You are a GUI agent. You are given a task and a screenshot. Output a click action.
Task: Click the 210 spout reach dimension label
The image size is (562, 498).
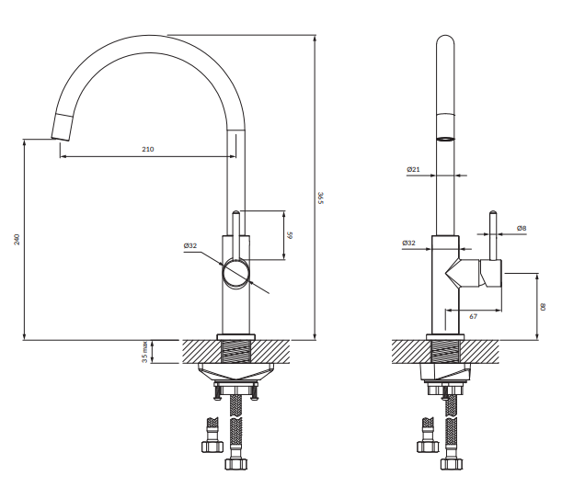click(x=147, y=148)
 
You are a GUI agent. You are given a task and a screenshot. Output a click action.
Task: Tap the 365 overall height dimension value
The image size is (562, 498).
click(x=320, y=198)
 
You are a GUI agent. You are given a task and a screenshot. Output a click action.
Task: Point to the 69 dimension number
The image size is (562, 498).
click(x=290, y=235)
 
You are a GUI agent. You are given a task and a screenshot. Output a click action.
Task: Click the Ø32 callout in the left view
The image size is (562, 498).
click(x=190, y=245)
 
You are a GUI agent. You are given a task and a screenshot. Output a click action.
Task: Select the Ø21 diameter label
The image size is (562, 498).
click(x=413, y=170)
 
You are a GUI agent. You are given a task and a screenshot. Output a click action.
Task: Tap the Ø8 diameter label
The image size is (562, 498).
click(x=521, y=228)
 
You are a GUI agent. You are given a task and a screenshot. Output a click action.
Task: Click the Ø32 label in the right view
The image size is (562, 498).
click(x=409, y=243)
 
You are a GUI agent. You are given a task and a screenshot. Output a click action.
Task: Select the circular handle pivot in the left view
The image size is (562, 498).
click(x=236, y=273)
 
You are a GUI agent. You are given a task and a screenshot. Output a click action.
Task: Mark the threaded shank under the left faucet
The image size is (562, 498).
click(x=236, y=351)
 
